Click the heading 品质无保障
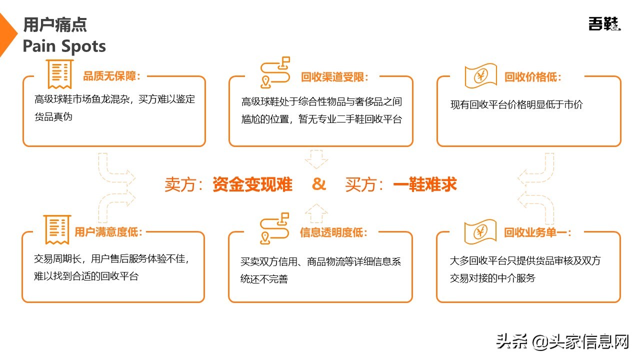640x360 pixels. tap(111, 76)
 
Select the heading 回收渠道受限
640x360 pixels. tap(334, 77)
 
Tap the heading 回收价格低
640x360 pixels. tap(532, 77)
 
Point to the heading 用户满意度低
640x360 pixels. tap(108, 232)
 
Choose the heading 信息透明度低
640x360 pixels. tap(333, 232)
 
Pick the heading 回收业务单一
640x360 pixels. tap(537, 232)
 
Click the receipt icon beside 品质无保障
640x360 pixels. tap(59, 74)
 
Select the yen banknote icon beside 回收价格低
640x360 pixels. tap(480, 76)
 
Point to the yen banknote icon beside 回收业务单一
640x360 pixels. tap(480, 231)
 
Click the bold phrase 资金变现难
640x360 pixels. tap(252, 184)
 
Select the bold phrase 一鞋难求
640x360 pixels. tap(425, 184)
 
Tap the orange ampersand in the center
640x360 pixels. tap(318, 184)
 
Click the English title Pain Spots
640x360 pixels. tap(64, 46)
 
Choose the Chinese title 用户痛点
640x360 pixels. tap(55, 24)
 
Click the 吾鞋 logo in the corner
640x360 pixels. tap(604, 23)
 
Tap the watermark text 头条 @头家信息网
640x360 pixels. tap(562, 342)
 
